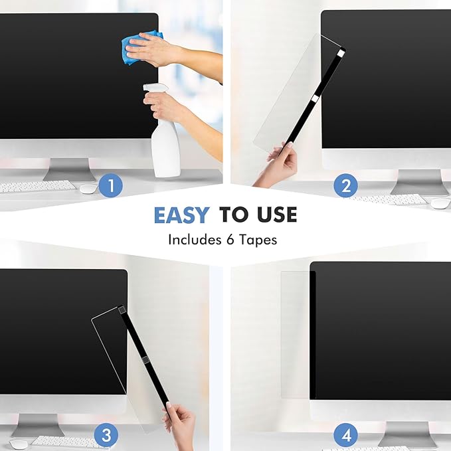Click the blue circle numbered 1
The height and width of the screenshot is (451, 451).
[111, 185]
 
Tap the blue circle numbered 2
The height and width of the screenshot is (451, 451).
[345, 185]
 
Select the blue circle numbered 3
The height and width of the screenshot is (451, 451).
[106, 436]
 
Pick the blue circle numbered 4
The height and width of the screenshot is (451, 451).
[345, 436]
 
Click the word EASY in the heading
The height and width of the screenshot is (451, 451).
[181, 215]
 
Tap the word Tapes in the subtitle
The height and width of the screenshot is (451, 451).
[260, 240]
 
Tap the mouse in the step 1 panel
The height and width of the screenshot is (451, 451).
[88, 189]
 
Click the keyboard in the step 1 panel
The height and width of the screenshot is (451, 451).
[37, 187]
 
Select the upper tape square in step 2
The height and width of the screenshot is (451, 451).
[340, 52]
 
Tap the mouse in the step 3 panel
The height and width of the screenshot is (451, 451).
[19, 443]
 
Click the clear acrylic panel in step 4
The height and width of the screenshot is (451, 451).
[294, 332]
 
